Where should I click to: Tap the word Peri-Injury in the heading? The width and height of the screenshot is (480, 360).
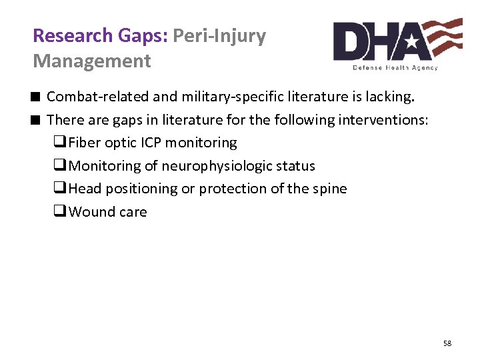[219, 35]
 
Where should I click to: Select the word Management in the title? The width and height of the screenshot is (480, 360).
[92, 61]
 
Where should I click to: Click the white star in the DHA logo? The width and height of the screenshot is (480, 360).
[412, 43]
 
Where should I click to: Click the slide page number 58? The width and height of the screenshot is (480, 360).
[447, 343]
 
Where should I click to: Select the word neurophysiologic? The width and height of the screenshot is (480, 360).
[212, 166]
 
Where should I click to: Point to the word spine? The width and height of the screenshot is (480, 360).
[329, 189]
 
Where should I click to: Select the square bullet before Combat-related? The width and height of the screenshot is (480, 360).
[37, 97]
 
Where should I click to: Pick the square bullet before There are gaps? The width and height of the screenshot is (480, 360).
[37, 120]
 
